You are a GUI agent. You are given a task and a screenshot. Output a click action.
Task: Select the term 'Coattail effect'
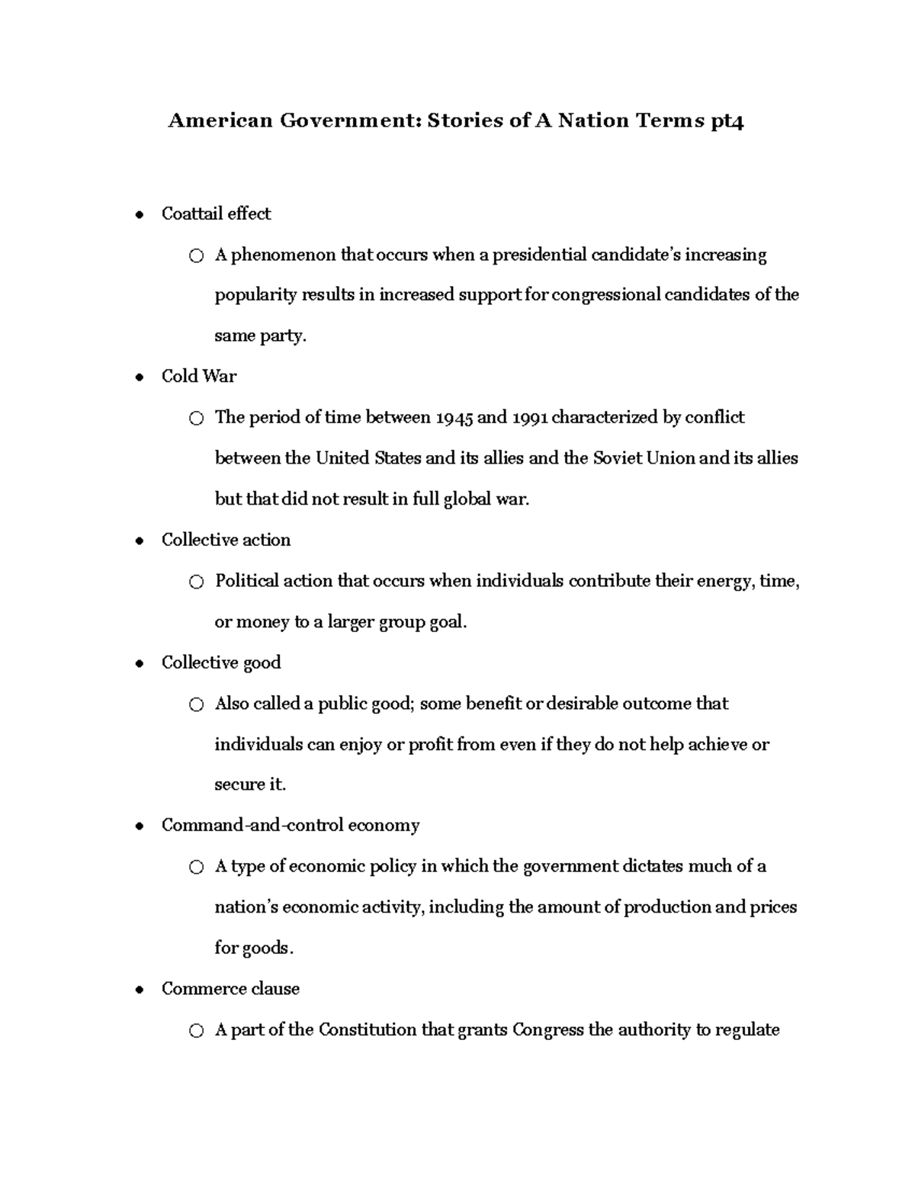click(x=216, y=213)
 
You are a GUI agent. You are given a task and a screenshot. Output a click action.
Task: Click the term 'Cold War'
click(x=199, y=376)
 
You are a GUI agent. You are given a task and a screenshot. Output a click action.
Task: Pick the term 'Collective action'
click(x=226, y=540)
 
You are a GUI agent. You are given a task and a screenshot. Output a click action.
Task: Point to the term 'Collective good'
click(x=221, y=663)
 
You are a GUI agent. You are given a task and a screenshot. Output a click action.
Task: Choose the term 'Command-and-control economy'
click(x=291, y=826)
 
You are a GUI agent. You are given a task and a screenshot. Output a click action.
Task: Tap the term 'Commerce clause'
click(x=230, y=989)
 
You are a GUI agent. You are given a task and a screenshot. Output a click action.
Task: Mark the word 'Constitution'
click(x=368, y=1030)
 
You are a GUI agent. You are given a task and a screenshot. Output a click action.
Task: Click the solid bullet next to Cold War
click(x=139, y=377)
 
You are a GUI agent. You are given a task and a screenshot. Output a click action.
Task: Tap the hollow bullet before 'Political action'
click(x=197, y=582)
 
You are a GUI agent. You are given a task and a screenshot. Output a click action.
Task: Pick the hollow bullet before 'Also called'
click(x=197, y=705)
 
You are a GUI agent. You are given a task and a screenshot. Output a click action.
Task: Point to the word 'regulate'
click(x=748, y=1030)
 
